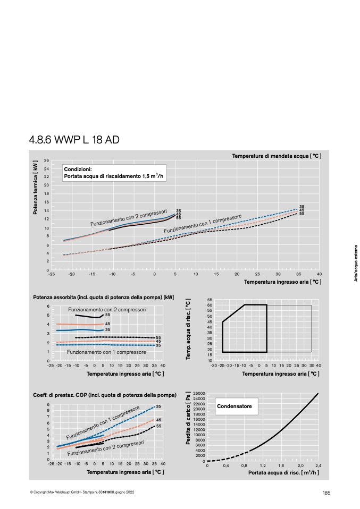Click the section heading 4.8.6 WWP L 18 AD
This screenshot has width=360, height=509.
coord(74,140)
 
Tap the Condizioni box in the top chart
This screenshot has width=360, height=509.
coord(114,173)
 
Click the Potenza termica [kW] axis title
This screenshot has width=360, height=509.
coord(36,188)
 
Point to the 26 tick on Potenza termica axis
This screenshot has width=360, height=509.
coord(46,160)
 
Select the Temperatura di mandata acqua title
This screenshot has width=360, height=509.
coord(277,156)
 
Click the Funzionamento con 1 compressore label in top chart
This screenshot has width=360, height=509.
coord(203,224)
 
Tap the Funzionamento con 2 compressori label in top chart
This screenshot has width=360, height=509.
coord(129,218)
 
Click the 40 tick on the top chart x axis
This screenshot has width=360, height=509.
coord(319,274)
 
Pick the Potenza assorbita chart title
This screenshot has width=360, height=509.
coord(103,297)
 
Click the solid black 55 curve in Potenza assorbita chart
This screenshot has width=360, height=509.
coord(89,317)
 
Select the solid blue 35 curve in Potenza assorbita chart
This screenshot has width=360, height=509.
coord(80,330)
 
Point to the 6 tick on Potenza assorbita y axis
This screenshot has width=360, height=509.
coord(48,306)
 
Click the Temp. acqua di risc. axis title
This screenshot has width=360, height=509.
coord(188,329)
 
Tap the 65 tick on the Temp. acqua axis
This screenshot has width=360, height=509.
coord(210,300)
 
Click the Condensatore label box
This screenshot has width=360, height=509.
coord(237,406)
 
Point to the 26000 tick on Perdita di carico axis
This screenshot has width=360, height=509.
coord(199,393)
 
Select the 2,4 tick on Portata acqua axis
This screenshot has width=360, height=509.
coord(318,465)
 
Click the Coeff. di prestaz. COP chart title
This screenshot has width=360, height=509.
coord(105,395)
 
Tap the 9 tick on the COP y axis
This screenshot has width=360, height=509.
coord(48,404)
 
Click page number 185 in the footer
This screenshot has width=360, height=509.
coord(326,493)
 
